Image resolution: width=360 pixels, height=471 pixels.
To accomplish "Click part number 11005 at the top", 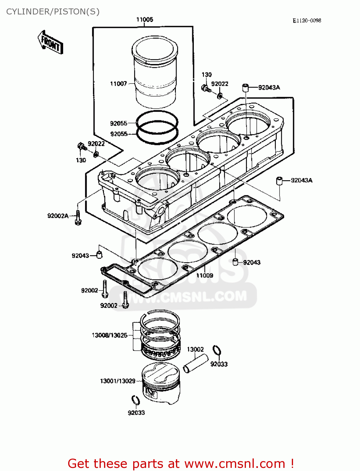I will tap(145, 19).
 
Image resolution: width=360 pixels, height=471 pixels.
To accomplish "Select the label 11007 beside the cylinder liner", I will tap(118, 84).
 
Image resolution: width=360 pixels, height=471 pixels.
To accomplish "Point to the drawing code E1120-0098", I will tap(307, 20).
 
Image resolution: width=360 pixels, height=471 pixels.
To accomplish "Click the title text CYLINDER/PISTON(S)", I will tap(53, 12).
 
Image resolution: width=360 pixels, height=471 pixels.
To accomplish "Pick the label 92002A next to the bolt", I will tap(58, 216).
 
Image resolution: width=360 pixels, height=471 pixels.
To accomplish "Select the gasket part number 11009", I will tap(205, 275).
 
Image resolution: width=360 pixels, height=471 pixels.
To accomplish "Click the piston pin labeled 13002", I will tap(196, 363).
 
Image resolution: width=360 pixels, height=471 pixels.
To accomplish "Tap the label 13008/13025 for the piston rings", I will tap(109, 335).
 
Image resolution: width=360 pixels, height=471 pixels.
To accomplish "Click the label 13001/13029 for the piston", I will tap(117, 381).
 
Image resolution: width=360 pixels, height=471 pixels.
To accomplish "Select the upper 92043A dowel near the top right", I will tap(245, 87).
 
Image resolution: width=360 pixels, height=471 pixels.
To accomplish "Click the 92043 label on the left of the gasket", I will tap(80, 256).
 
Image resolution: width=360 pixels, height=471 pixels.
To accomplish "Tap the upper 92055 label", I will tap(118, 123).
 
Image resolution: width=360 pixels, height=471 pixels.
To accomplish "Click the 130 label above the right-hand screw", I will tap(206, 74).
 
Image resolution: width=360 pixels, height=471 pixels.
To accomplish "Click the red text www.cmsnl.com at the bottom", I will tap(234, 463).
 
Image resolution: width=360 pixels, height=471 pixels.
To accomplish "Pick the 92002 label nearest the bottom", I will tap(108, 306).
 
